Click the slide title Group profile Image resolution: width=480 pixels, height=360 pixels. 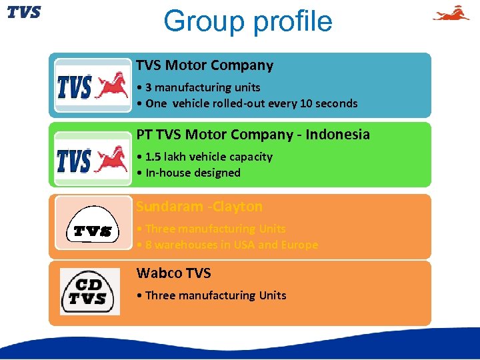click(x=247, y=21)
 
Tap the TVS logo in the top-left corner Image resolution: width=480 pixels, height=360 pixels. click(x=24, y=12)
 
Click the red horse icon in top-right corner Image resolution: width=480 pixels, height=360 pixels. click(x=451, y=13)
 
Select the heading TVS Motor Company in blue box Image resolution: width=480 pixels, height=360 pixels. click(x=205, y=65)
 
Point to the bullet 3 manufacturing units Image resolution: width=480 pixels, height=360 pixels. click(x=198, y=87)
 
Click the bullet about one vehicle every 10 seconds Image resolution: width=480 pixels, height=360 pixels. click(x=247, y=103)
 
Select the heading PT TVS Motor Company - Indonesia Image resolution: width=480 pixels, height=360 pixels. click(x=253, y=135)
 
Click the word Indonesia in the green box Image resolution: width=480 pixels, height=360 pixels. click(x=338, y=135)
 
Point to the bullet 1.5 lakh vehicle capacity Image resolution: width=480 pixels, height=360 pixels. click(x=204, y=157)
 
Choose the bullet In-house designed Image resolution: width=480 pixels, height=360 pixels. click(x=188, y=173)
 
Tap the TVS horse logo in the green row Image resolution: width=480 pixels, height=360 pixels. click(x=93, y=160)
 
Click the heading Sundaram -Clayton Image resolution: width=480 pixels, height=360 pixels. click(x=199, y=207)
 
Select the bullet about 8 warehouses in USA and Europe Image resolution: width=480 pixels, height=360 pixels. click(x=227, y=245)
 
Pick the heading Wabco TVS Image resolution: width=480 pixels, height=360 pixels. click(x=173, y=273)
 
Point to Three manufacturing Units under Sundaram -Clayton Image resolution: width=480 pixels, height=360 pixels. click(x=211, y=229)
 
